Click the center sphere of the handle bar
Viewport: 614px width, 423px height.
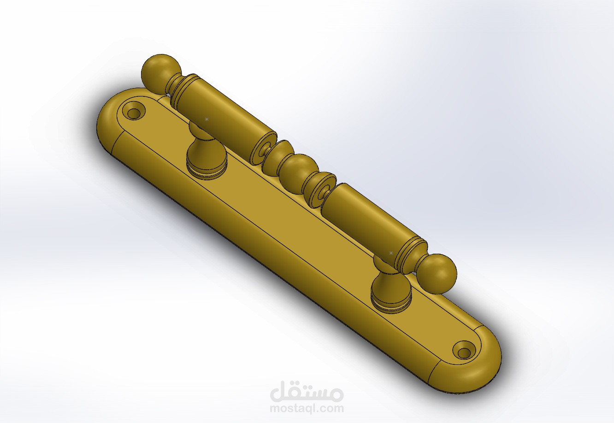(297, 171)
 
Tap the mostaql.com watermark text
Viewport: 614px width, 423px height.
(307, 408)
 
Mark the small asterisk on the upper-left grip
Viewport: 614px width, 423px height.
(207, 119)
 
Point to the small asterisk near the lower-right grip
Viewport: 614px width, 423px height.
(391, 253)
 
